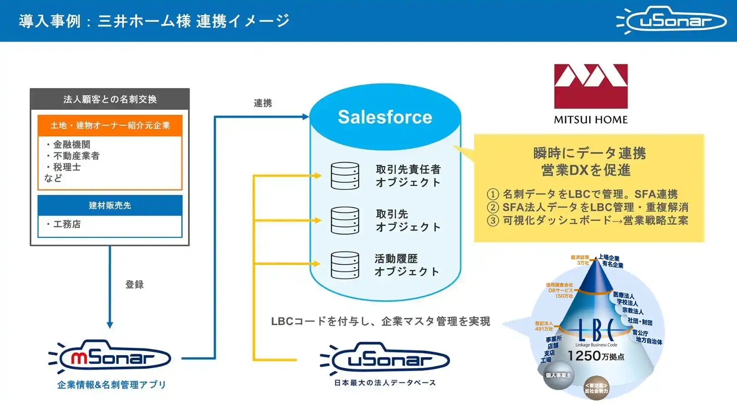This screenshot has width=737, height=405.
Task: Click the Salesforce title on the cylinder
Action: pyautogui.click(x=385, y=117)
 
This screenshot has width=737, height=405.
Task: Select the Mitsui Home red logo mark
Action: pyautogui.click(x=590, y=86)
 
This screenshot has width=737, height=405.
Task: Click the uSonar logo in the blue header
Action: pyautogui.click(x=672, y=20)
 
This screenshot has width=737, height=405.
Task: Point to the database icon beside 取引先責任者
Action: pyautogui.click(x=345, y=176)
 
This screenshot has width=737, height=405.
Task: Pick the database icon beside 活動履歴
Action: pyautogui.click(x=345, y=265)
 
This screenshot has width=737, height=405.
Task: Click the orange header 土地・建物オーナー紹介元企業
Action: pyautogui.click(x=110, y=125)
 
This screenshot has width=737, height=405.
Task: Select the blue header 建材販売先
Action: pyautogui.click(x=110, y=205)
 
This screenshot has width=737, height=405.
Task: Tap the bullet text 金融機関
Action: pyautogui.click(x=72, y=144)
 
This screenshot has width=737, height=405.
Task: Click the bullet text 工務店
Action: pyautogui.click(x=67, y=224)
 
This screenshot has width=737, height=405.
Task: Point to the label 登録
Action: pyautogui.click(x=134, y=285)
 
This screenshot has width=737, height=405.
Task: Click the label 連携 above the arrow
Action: pyautogui.click(x=263, y=103)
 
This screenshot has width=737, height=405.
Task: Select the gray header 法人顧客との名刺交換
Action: pyautogui.click(x=110, y=99)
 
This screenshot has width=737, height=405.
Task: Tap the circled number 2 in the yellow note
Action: pyautogui.click(x=493, y=207)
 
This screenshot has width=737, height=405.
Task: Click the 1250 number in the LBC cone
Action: pyautogui.click(x=584, y=356)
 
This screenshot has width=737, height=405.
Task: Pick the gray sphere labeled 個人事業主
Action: pyautogui.click(x=558, y=376)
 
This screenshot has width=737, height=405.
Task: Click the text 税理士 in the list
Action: pyautogui.click(x=67, y=167)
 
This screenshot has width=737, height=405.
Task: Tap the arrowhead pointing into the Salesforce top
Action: pyautogui.click(x=306, y=117)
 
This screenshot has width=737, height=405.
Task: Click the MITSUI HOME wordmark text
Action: pyautogui.click(x=590, y=120)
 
